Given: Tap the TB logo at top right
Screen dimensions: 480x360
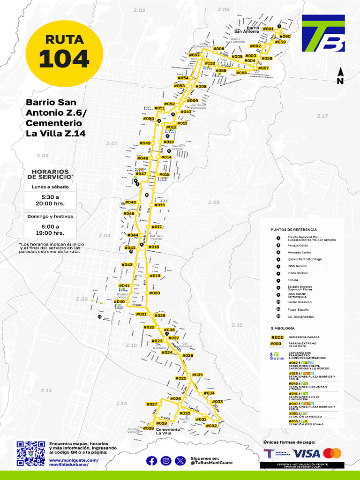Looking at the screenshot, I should (x=323, y=33).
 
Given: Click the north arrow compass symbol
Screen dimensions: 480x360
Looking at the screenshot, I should (x=341, y=75).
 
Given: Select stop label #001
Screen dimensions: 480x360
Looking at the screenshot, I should (x=268, y=29).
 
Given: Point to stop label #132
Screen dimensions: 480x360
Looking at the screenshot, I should (x=210, y=63).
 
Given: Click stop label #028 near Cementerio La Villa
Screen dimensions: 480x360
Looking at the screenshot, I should (x=149, y=428).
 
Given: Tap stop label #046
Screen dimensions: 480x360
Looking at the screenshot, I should (x=130, y=202).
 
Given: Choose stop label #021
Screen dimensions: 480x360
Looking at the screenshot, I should (x=141, y=314).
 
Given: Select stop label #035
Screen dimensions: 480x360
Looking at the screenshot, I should (x=197, y=375).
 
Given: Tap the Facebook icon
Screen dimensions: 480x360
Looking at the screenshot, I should (x=151, y=461).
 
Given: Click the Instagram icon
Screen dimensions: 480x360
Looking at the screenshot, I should (x=166, y=461).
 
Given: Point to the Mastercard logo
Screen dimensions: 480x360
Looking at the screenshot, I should (x=332, y=453).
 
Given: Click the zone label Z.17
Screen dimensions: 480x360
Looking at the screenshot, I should (x=322, y=116).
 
